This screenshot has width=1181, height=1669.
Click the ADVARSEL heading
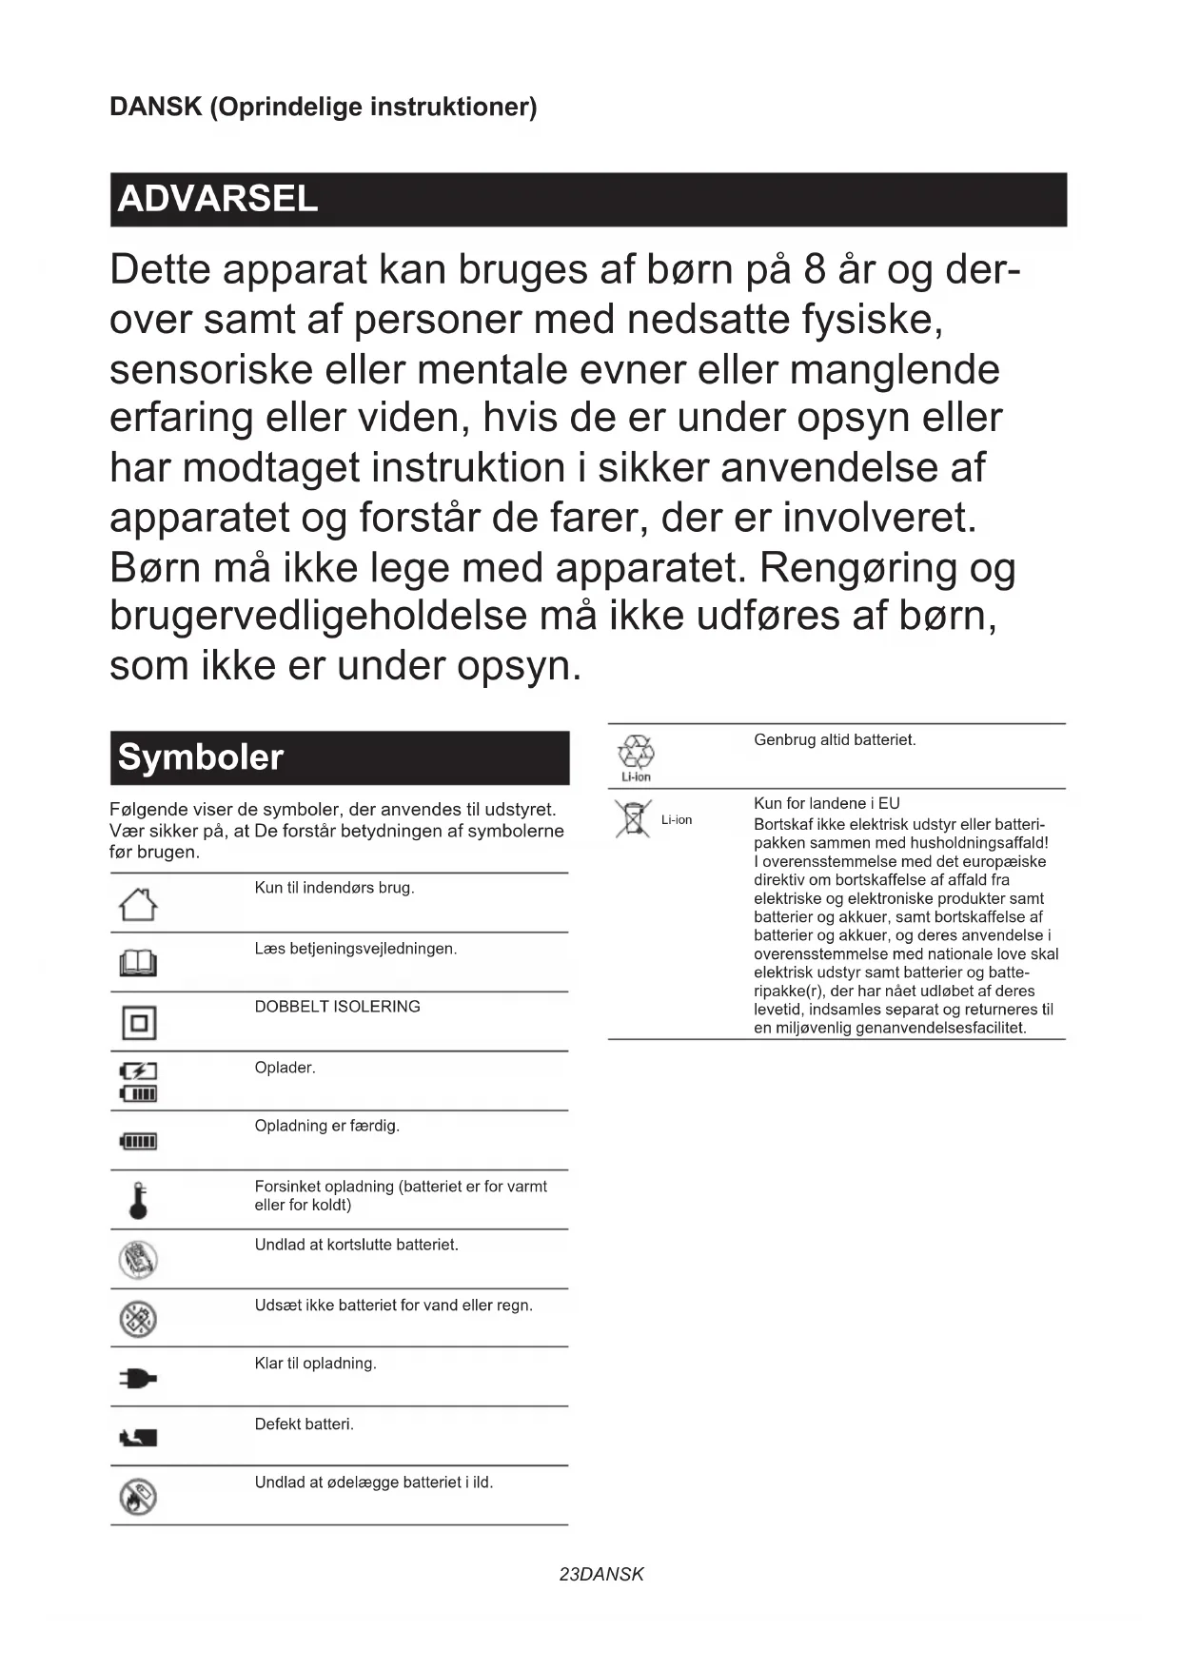pyautogui.click(x=218, y=199)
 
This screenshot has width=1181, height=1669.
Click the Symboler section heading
pyautogui.click(x=201, y=757)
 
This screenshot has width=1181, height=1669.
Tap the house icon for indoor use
pyautogui.click(x=138, y=904)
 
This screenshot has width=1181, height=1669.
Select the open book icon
pyautogui.click(x=138, y=964)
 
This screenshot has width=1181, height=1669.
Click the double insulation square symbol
pyautogui.click(x=139, y=1023)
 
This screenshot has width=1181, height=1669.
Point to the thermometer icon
pyautogui.click(x=139, y=1201)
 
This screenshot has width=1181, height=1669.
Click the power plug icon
pyautogui.click(x=138, y=1378)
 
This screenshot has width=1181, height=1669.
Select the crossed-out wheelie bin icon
pyautogui.click(x=631, y=819)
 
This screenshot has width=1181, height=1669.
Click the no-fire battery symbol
pyautogui.click(x=139, y=1497)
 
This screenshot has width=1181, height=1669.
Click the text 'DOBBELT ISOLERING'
pyautogui.click(x=337, y=1007)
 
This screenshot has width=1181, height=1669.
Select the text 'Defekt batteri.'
pyautogui.click(x=304, y=1424)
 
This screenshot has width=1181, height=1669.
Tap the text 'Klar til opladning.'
pyautogui.click(x=315, y=1364)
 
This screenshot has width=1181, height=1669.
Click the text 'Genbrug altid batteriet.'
pyautogui.click(x=835, y=740)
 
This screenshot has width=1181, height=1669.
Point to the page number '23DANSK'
pyautogui.click(x=601, y=1575)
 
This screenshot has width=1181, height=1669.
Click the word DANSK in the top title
pyautogui.click(x=155, y=107)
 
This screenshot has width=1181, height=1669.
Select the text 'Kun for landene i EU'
pyautogui.click(x=826, y=803)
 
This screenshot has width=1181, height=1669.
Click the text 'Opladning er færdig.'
pyautogui.click(x=326, y=1126)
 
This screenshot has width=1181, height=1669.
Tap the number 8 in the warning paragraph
pyautogui.click(x=814, y=270)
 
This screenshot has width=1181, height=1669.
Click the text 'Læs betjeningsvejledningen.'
pyautogui.click(x=355, y=949)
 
